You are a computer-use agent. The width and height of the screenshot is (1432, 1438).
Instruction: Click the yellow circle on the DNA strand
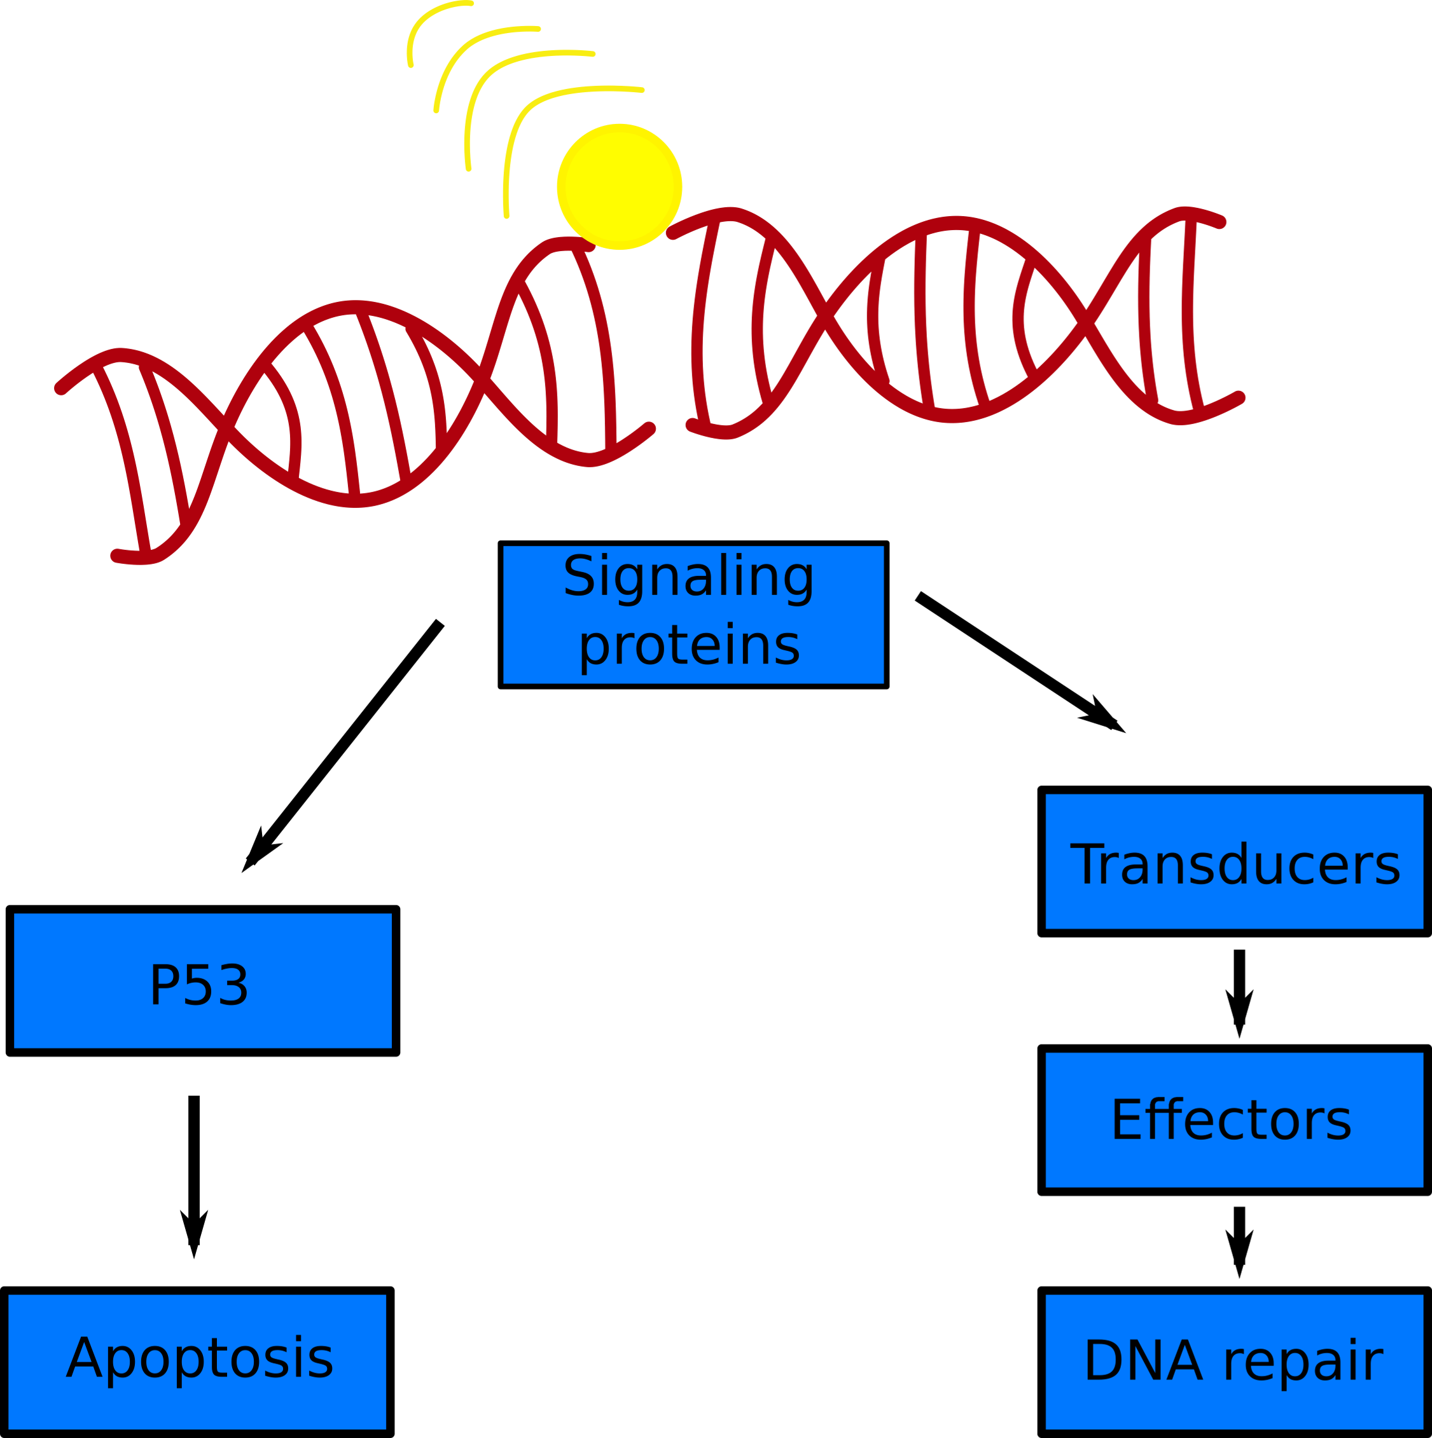tap(619, 187)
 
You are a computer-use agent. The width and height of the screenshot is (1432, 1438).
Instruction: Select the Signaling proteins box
tap(693, 615)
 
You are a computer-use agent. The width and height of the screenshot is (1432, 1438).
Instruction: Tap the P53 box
tap(202, 980)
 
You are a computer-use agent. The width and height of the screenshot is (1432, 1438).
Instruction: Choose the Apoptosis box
tap(198, 1360)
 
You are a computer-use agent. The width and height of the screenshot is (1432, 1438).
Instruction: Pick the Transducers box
tap(1235, 861)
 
